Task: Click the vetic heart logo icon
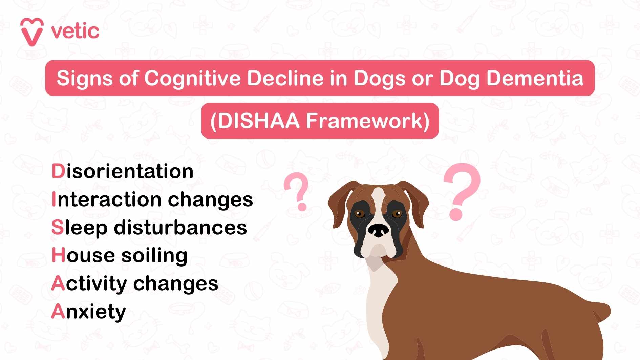(32, 32)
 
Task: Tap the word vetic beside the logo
(75, 31)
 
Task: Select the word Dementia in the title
(535, 78)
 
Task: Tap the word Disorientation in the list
(122, 171)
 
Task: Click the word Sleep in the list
(79, 228)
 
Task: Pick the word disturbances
(180, 227)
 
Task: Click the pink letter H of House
(58, 255)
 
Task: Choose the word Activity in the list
(89, 284)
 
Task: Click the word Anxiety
(88, 312)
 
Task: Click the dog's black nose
(379, 231)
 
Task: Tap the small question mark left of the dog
(297, 191)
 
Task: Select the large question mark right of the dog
(462, 191)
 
